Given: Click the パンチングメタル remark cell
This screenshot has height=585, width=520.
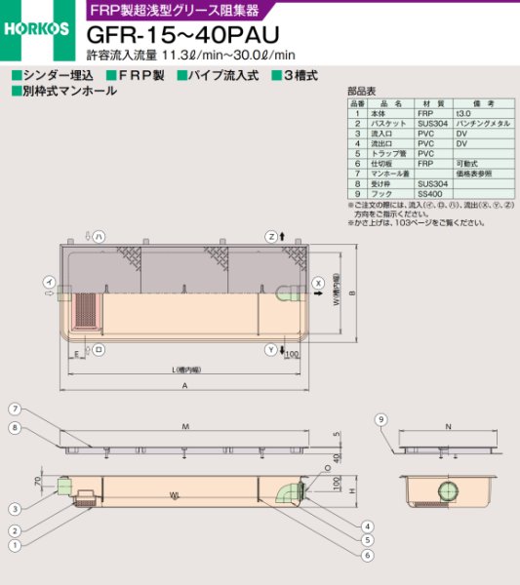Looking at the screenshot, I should click(479, 124).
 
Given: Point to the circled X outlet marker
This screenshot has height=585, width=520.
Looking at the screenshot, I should click(317, 285).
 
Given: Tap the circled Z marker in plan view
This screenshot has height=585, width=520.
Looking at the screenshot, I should click(272, 237).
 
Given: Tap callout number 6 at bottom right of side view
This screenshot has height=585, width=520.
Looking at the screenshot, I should click(367, 555).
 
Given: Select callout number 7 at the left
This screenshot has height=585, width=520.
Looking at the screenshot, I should click(16, 408).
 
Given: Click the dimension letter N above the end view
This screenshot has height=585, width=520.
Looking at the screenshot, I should click(447, 426).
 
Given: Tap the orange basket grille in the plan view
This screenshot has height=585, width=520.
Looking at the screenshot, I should click(87, 310).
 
